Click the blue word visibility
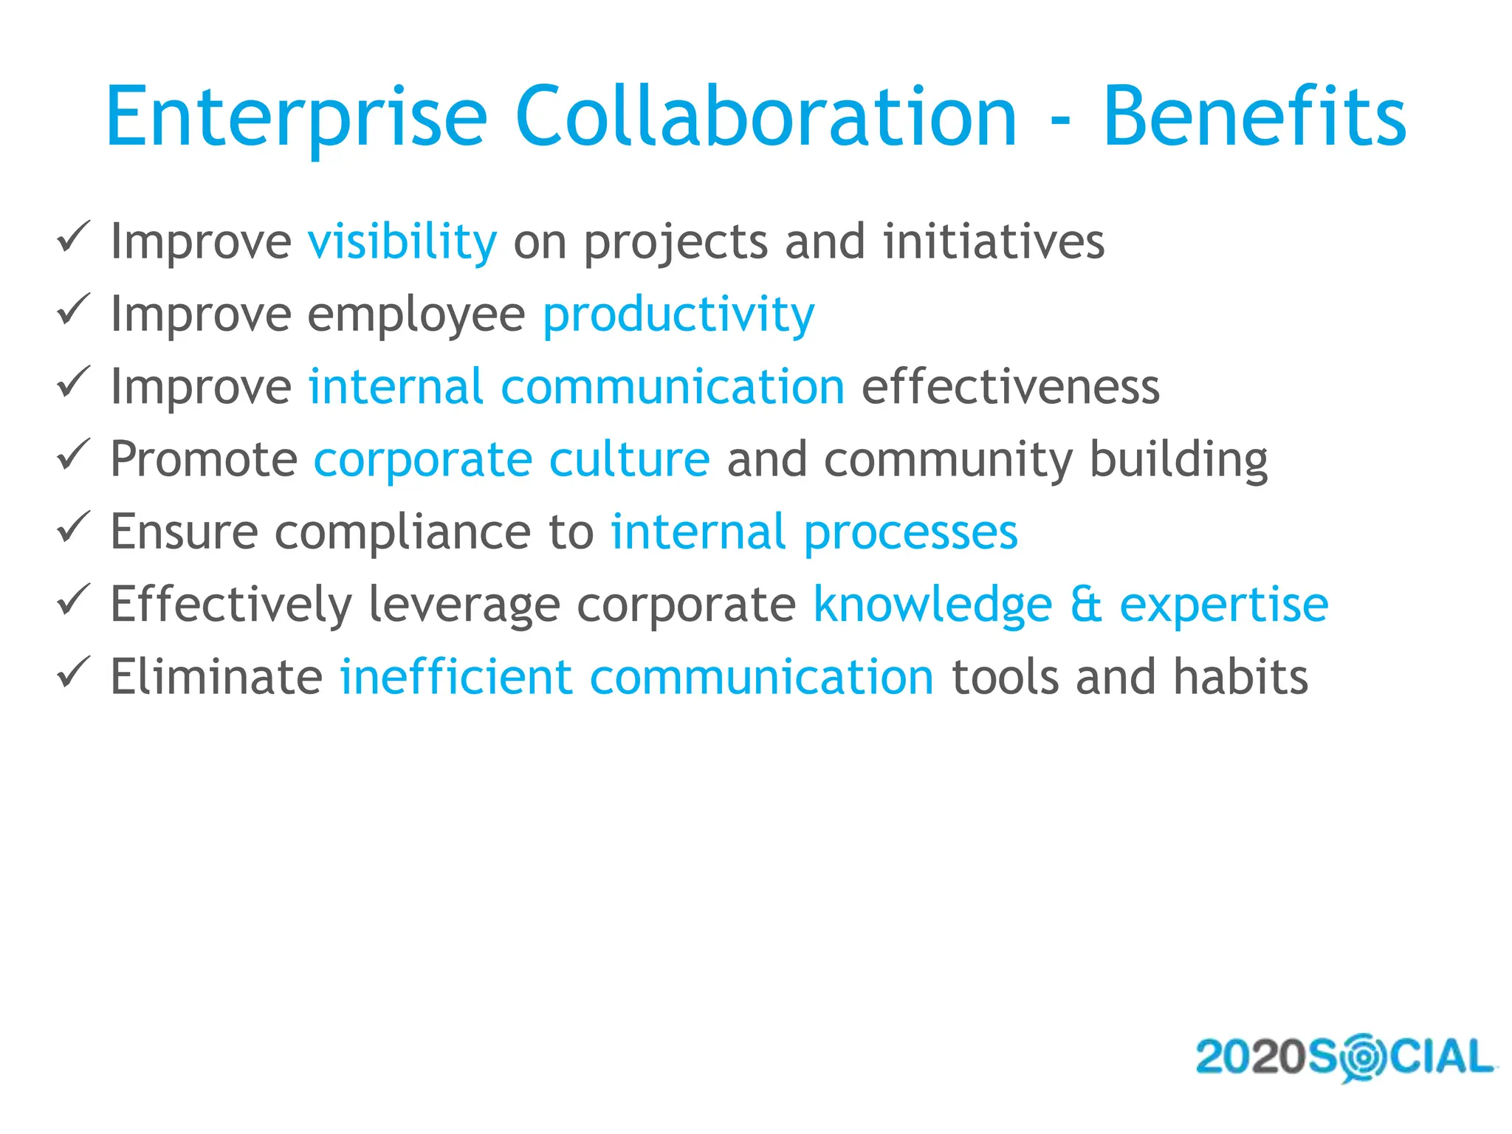402,242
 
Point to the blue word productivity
678,315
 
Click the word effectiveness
1010,388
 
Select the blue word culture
629,460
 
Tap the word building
1178,460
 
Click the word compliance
404,532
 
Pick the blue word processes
910,532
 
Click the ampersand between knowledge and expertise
1085,605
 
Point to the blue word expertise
1223,605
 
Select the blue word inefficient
456,677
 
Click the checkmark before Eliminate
74,672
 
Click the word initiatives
993,242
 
